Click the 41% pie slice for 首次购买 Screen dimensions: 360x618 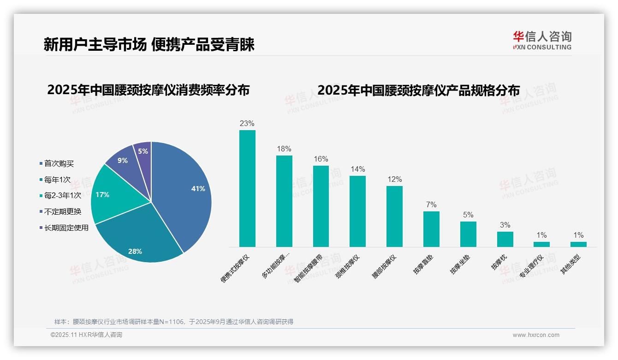(184, 189)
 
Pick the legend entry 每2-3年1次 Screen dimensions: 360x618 (62, 196)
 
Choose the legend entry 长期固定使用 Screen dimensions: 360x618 (66, 228)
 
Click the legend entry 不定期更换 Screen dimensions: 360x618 (62, 212)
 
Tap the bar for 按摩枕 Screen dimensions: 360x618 (505, 239)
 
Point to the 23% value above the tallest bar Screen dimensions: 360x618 (247, 124)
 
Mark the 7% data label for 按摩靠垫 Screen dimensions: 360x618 (431, 205)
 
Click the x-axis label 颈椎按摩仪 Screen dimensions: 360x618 (347, 268)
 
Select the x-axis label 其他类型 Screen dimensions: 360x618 (570, 265)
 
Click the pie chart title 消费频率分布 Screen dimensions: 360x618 (148, 90)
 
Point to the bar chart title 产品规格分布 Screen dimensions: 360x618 (418, 90)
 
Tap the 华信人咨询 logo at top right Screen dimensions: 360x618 (542, 40)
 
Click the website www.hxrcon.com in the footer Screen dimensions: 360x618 (536, 335)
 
